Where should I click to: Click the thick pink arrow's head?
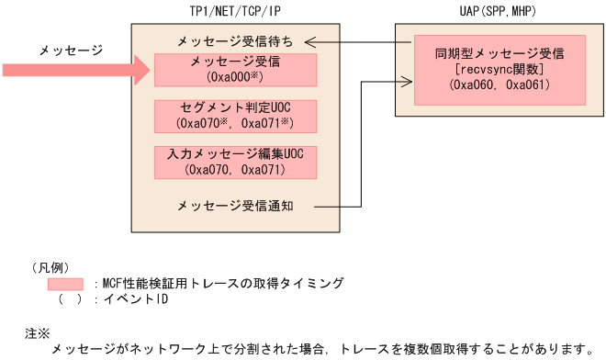click(140, 69)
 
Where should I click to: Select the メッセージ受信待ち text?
click(236, 42)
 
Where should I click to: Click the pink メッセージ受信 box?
click(236, 69)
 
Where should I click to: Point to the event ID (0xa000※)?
click(236, 77)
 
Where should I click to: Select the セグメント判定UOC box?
click(236, 114)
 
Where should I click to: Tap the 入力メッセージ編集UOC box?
click(236, 160)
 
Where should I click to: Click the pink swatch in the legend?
click(66, 284)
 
